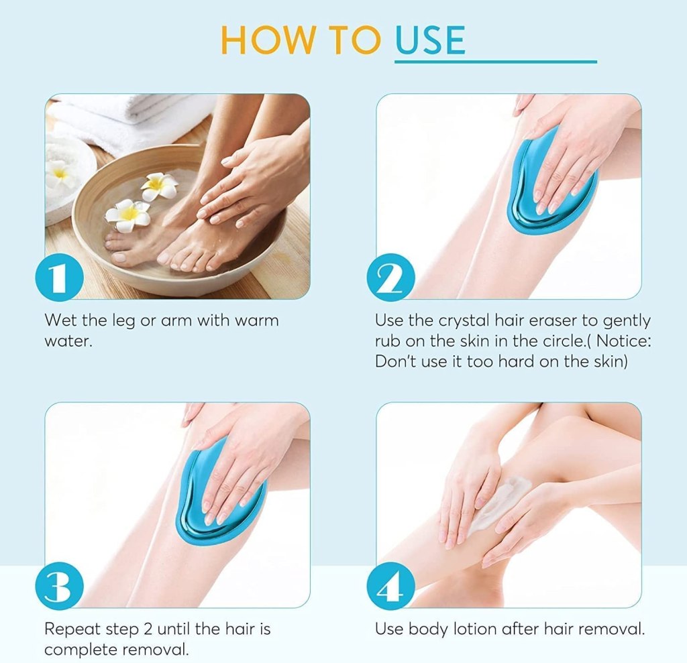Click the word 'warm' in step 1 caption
(256, 320)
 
